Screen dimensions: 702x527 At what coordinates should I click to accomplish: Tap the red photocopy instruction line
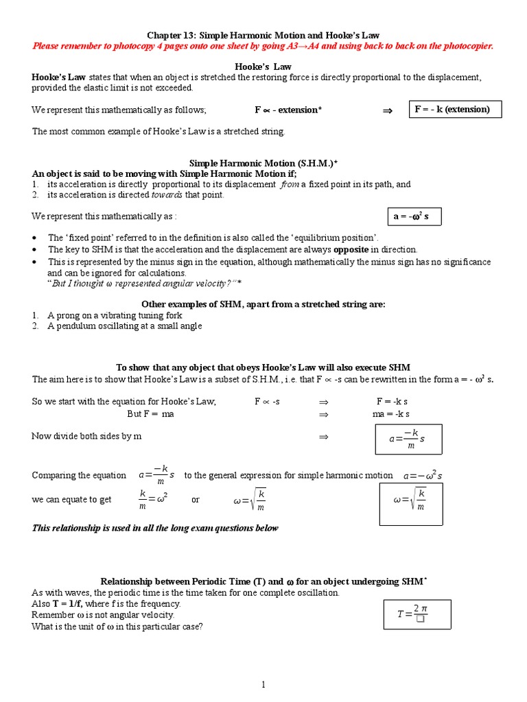263,46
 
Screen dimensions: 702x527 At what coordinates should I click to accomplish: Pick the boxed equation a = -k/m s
408,439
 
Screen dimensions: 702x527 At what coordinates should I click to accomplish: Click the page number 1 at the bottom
263,684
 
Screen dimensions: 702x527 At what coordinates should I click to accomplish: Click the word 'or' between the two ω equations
196,500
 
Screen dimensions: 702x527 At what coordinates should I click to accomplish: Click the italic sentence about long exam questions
155,528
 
